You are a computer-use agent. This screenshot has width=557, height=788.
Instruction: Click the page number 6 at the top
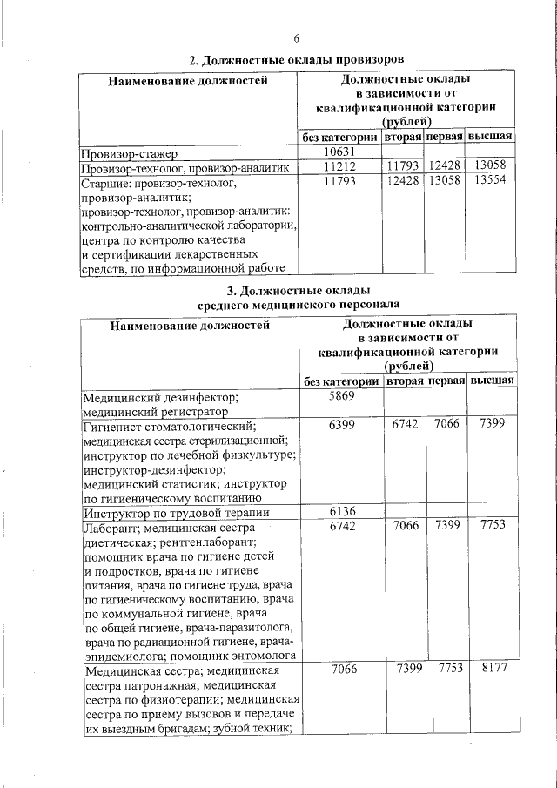(x=297, y=39)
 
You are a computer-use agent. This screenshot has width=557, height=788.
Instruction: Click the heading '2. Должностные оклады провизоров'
(x=297, y=60)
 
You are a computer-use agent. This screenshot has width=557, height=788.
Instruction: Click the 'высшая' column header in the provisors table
(x=490, y=138)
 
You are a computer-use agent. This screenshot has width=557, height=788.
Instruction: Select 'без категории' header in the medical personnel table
(x=342, y=381)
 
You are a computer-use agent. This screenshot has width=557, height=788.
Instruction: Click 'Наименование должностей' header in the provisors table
(x=187, y=82)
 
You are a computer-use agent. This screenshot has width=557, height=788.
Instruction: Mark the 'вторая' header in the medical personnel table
(x=406, y=381)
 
